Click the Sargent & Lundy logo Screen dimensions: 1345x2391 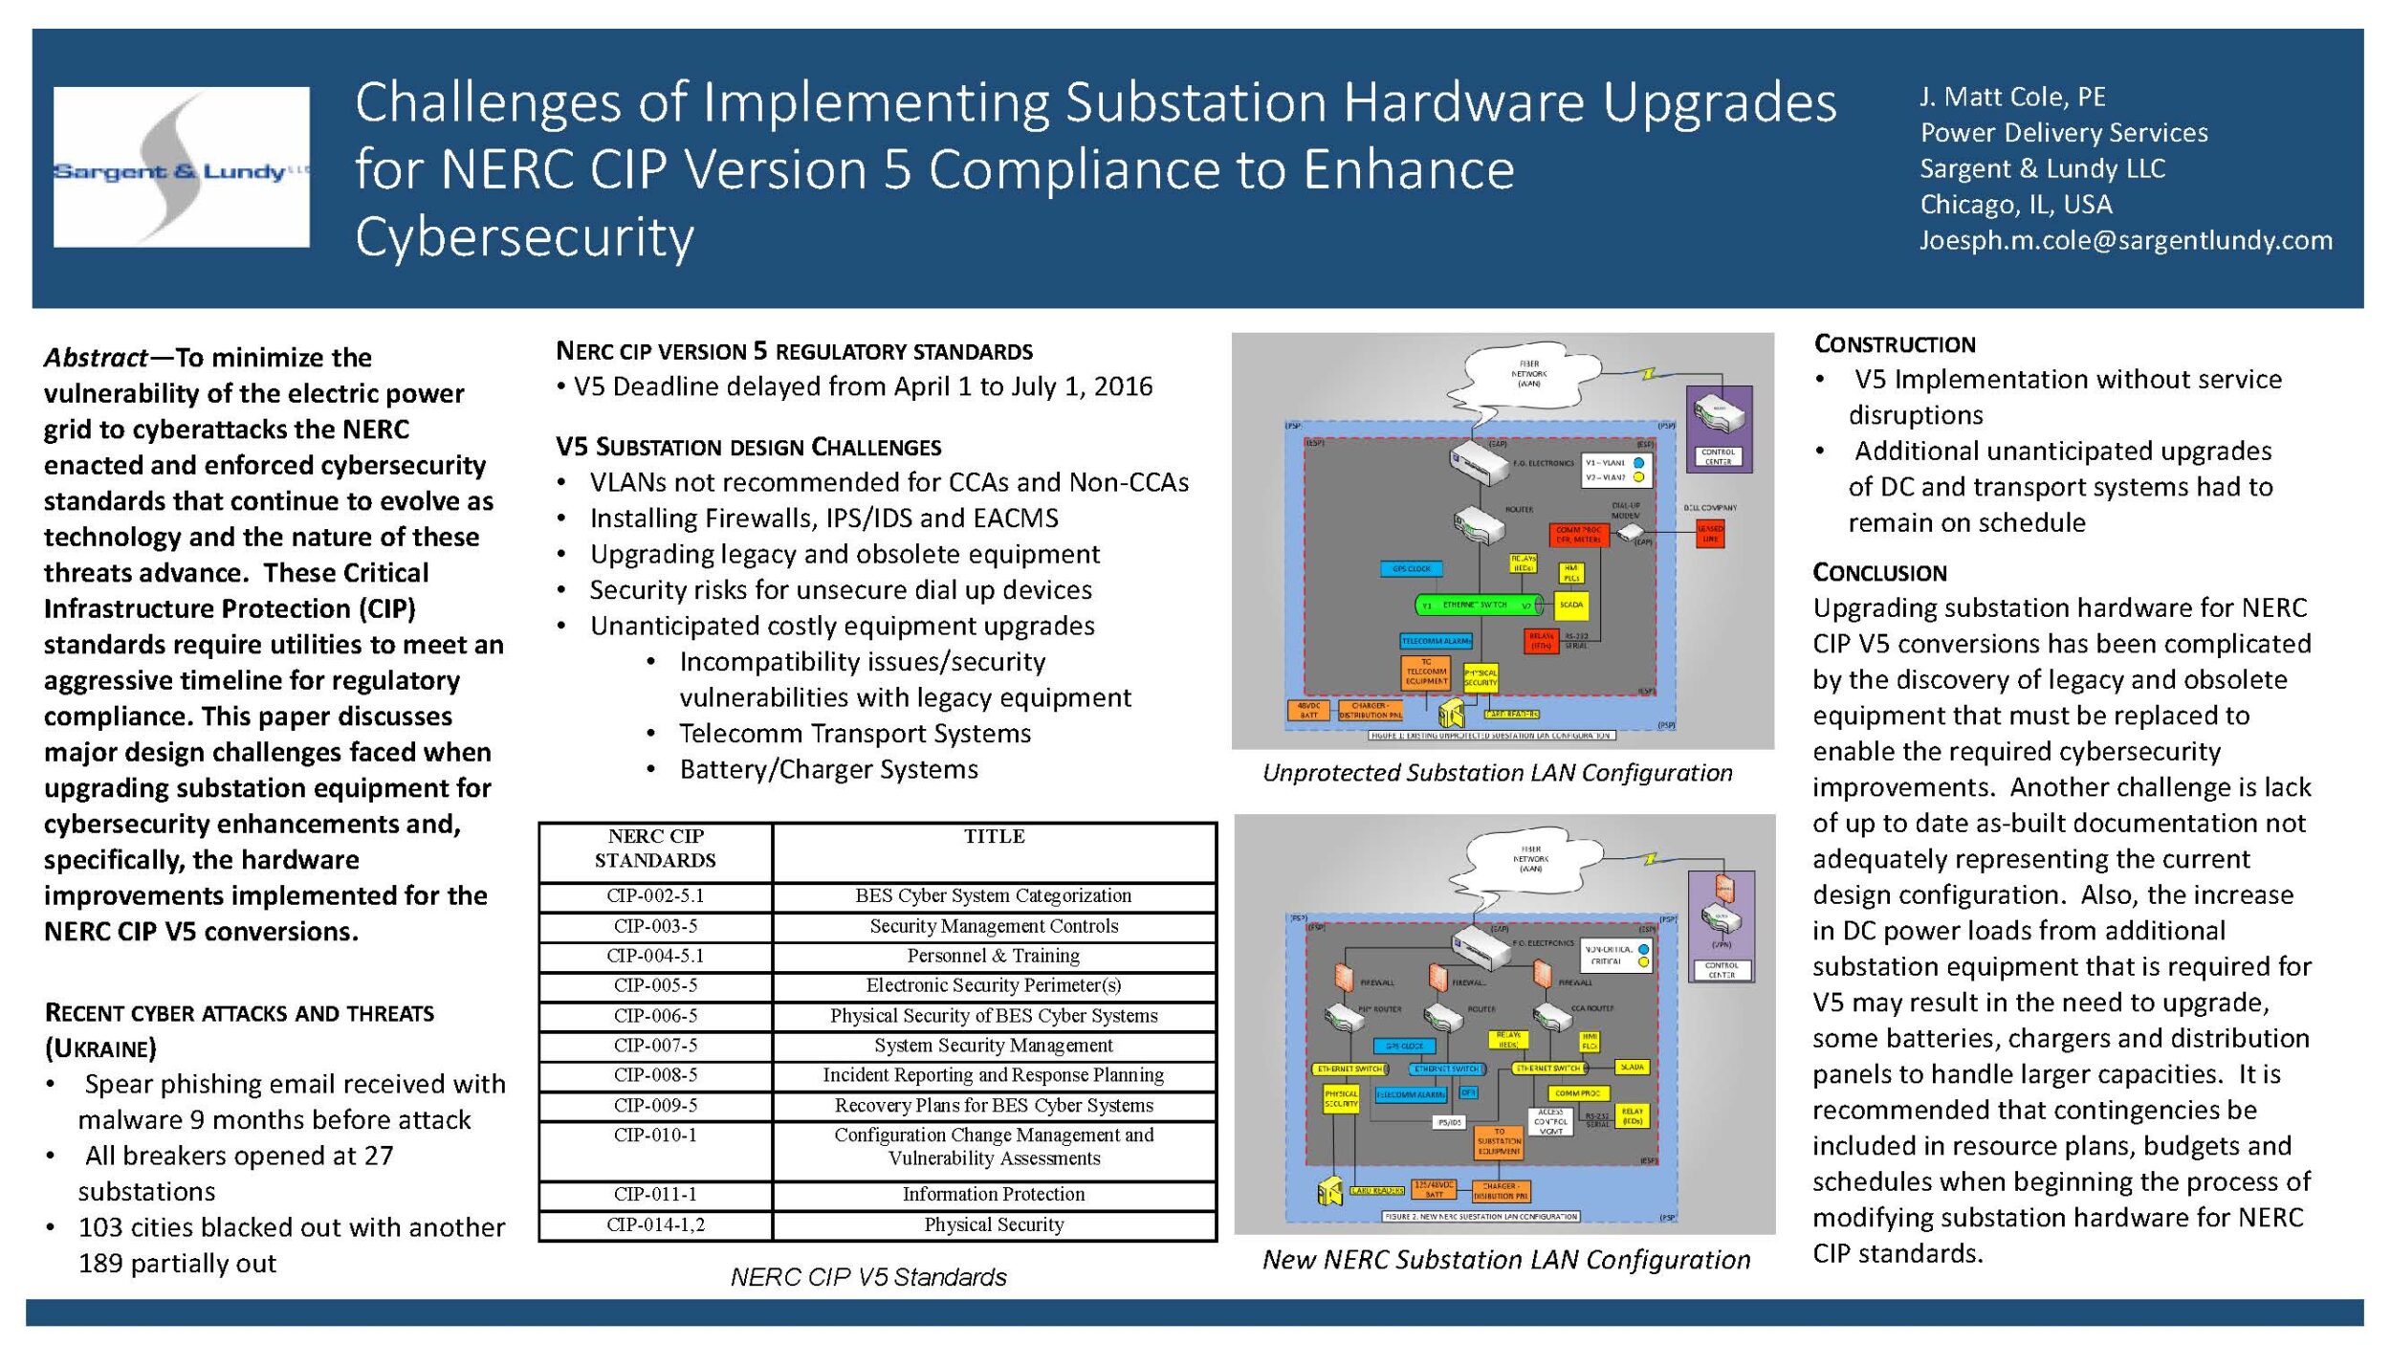point(181,167)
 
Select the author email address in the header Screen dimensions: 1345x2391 point(2125,240)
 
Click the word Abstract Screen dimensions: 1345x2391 point(95,358)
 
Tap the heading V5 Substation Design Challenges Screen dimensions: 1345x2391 point(748,447)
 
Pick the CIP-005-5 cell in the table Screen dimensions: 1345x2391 point(655,985)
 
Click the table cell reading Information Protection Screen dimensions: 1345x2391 point(993,1194)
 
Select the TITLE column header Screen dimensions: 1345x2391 point(994,837)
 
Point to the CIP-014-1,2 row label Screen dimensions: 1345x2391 point(655,1224)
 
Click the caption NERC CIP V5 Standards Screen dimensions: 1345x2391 point(867,1277)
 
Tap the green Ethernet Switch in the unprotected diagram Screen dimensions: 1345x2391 point(1479,606)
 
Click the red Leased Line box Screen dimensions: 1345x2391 point(1710,534)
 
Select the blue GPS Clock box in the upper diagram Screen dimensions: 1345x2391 point(1412,569)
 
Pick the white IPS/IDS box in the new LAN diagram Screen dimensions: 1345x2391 point(1449,1122)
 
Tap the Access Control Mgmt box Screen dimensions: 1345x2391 point(1550,1121)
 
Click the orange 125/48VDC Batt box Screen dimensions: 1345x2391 point(1434,1190)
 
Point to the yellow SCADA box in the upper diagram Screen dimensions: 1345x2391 point(1571,605)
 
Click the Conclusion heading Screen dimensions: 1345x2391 point(1879,573)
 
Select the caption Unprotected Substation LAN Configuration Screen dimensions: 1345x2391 point(1497,773)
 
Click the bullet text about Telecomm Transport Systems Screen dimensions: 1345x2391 point(854,734)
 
